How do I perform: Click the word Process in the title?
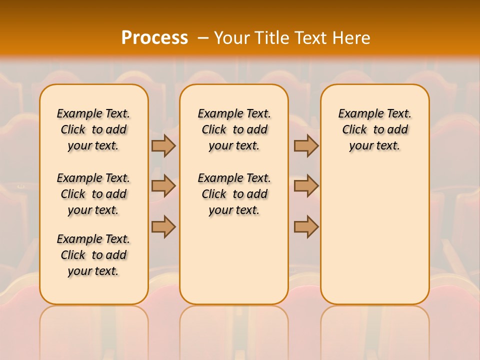(154, 37)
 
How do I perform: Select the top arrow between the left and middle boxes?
(163, 145)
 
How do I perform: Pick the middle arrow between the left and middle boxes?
(163, 186)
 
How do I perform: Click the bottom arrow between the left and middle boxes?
(163, 226)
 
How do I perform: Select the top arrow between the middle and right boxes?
(306, 145)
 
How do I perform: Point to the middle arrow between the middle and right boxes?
(306, 186)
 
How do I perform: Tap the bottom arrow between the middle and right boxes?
(306, 226)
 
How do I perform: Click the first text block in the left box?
(93, 129)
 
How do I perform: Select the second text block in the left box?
(93, 194)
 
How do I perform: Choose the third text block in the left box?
(93, 255)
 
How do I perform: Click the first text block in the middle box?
(234, 129)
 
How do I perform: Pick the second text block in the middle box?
(234, 194)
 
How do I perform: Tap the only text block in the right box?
(375, 129)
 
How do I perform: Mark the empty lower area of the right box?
(375, 230)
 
